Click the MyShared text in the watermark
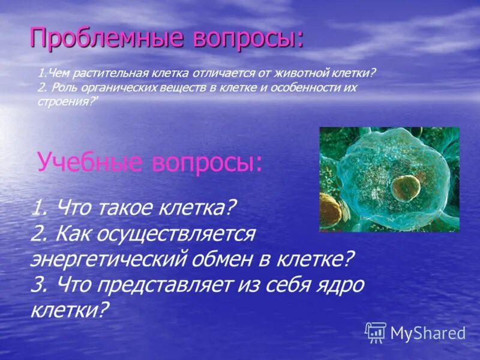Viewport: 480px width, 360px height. click(x=428, y=334)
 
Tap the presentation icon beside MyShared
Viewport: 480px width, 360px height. click(x=376, y=332)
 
